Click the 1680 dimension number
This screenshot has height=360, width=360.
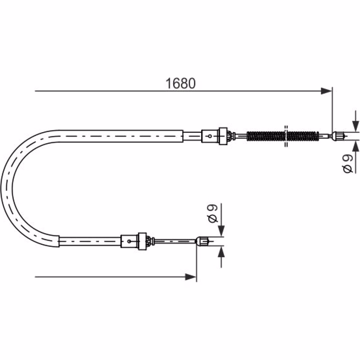tap(180, 84)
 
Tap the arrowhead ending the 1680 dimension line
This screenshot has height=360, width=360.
tap(327, 91)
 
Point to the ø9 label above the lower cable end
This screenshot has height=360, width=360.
tap(212, 213)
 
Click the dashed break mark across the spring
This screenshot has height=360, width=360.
tap(286, 136)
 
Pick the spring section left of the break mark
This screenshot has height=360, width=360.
tap(266, 136)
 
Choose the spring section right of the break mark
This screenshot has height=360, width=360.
tap(303, 136)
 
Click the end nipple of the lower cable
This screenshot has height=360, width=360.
tap(202, 241)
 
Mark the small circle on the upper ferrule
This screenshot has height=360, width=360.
tap(210, 136)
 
